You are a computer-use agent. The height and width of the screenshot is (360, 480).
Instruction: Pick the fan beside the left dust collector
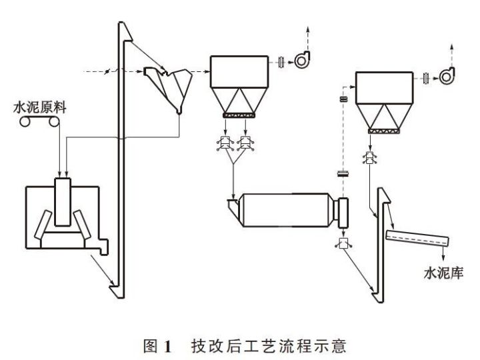coord(304,61)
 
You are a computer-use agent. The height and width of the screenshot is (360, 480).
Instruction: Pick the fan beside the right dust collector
coord(447,77)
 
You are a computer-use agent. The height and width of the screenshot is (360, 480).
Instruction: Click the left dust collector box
coord(239,73)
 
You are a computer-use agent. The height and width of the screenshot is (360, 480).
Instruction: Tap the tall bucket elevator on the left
coord(118,160)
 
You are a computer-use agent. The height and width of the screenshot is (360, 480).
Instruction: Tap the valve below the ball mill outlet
coord(345,243)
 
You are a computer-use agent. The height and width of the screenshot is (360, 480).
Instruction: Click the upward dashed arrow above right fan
coord(453,51)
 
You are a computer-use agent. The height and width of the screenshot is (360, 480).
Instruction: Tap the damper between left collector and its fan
coord(281,62)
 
